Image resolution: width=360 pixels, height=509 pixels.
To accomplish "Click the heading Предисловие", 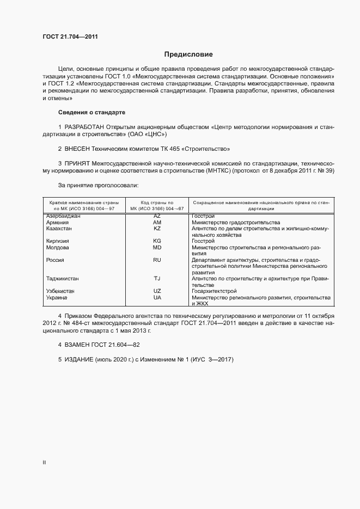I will click(x=189, y=54).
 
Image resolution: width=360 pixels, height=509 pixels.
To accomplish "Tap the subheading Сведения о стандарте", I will click(x=91, y=112).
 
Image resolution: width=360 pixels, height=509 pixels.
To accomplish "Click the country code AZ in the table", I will click(x=157, y=216).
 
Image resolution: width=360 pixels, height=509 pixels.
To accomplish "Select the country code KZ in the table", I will click(x=157, y=229).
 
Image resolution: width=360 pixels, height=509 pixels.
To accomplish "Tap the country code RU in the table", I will click(x=157, y=260).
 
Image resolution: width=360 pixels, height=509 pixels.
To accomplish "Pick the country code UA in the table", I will click(x=157, y=298).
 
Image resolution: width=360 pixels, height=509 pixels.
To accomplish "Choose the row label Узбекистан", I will click(x=60, y=291).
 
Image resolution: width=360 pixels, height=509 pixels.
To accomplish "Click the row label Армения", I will click(x=57, y=223).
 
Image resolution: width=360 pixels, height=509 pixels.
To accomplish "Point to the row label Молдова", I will click(x=58, y=247).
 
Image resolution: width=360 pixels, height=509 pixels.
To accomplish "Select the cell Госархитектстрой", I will click(x=214, y=291).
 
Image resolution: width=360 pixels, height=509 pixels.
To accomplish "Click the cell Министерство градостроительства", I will click(x=236, y=223).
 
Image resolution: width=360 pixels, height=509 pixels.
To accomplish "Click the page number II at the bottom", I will click(x=44, y=462).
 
